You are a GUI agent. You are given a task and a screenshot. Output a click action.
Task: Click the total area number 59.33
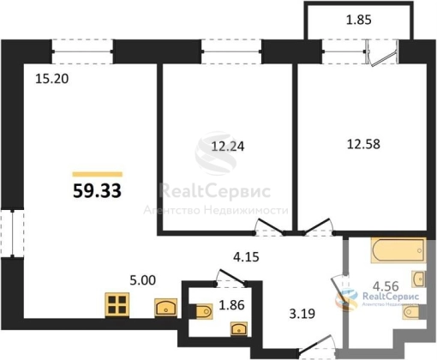[x=97, y=190]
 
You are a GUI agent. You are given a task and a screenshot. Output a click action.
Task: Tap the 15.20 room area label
[x=52, y=79]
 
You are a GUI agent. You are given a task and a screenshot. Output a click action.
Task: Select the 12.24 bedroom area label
[x=228, y=147]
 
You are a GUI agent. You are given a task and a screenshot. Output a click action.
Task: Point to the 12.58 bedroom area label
[x=363, y=144]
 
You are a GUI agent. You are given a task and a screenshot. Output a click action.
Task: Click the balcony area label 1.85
[x=359, y=20]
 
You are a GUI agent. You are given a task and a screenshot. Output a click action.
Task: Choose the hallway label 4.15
[x=246, y=257]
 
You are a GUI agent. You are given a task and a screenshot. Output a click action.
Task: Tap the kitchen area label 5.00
[x=143, y=280]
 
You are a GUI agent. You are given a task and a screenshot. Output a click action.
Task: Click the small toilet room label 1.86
[x=231, y=305]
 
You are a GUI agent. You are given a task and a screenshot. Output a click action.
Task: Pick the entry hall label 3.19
[x=302, y=314]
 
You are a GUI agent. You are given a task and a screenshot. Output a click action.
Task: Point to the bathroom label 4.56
[x=386, y=286]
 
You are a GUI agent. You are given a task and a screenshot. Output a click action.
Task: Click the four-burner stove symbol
[x=117, y=305]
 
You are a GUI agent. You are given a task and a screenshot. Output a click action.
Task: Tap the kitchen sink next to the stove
[x=165, y=308]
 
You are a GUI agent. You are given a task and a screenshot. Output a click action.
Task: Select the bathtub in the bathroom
[x=398, y=250]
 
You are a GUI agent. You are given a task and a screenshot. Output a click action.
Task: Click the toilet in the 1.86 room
[x=204, y=311]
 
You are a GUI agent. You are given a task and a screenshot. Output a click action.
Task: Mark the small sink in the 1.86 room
[x=239, y=329]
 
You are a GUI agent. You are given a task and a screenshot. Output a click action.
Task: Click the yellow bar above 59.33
[x=98, y=174]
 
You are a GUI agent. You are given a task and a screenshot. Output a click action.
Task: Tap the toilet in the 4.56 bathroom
[x=411, y=312]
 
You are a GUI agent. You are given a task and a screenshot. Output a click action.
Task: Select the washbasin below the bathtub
[x=419, y=279]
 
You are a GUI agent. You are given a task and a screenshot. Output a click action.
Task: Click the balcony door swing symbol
[x=382, y=54]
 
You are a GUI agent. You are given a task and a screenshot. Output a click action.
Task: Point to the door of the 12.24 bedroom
[x=271, y=226]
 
